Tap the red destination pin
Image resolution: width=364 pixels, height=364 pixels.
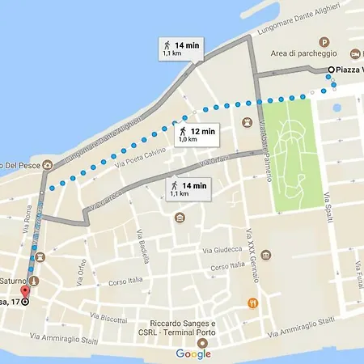(23, 292)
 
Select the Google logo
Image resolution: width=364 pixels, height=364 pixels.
(193, 353)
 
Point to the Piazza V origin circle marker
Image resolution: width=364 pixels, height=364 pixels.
(331, 71)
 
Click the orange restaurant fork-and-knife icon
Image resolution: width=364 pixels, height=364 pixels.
(252, 303)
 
